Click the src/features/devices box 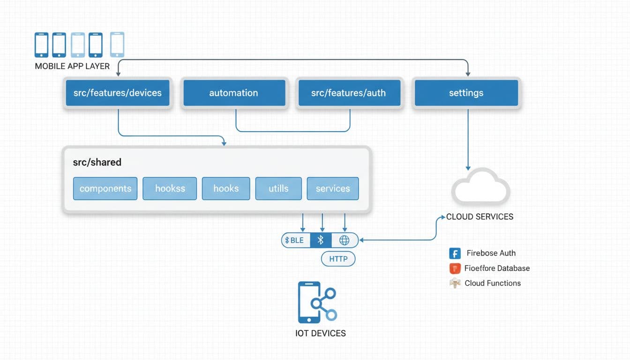click(x=118, y=93)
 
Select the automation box click(x=233, y=93)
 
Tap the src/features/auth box click(x=348, y=93)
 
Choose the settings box click(x=466, y=93)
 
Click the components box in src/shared click(x=105, y=188)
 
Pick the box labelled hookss click(x=170, y=188)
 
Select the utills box click(x=278, y=188)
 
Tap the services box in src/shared click(x=333, y=188)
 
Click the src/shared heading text click(x=97, y=162)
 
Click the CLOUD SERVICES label click(x=480, y=217)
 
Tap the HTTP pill click(x=338, y=259)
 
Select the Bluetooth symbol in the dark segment click(x=321, y=240)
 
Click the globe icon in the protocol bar click(x=344, y=240)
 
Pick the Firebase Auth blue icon click(x=455, y=254)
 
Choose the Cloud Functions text click(x=493, y=283)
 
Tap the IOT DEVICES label click(x=321, y=333)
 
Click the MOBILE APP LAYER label click(x=72, y=66)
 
